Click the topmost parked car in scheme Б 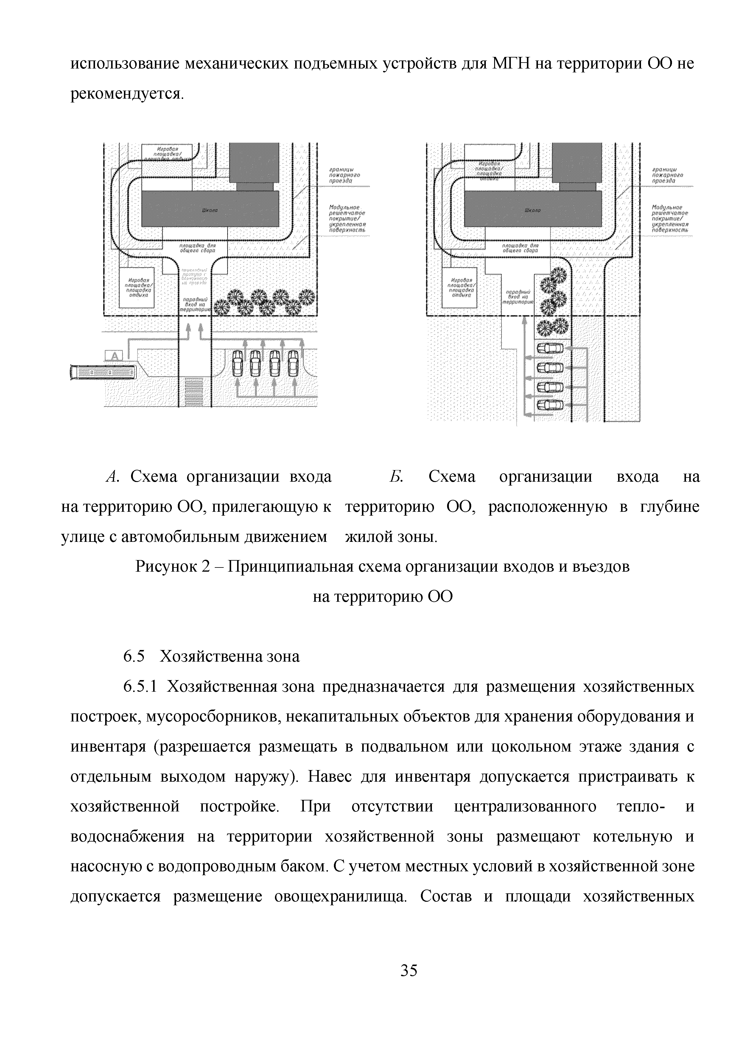pos(550,349)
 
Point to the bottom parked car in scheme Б pos(550,405)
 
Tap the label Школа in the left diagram pos(210,210)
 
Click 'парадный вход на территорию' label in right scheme pos(520,296)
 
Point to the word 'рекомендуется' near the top pos(126,94)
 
